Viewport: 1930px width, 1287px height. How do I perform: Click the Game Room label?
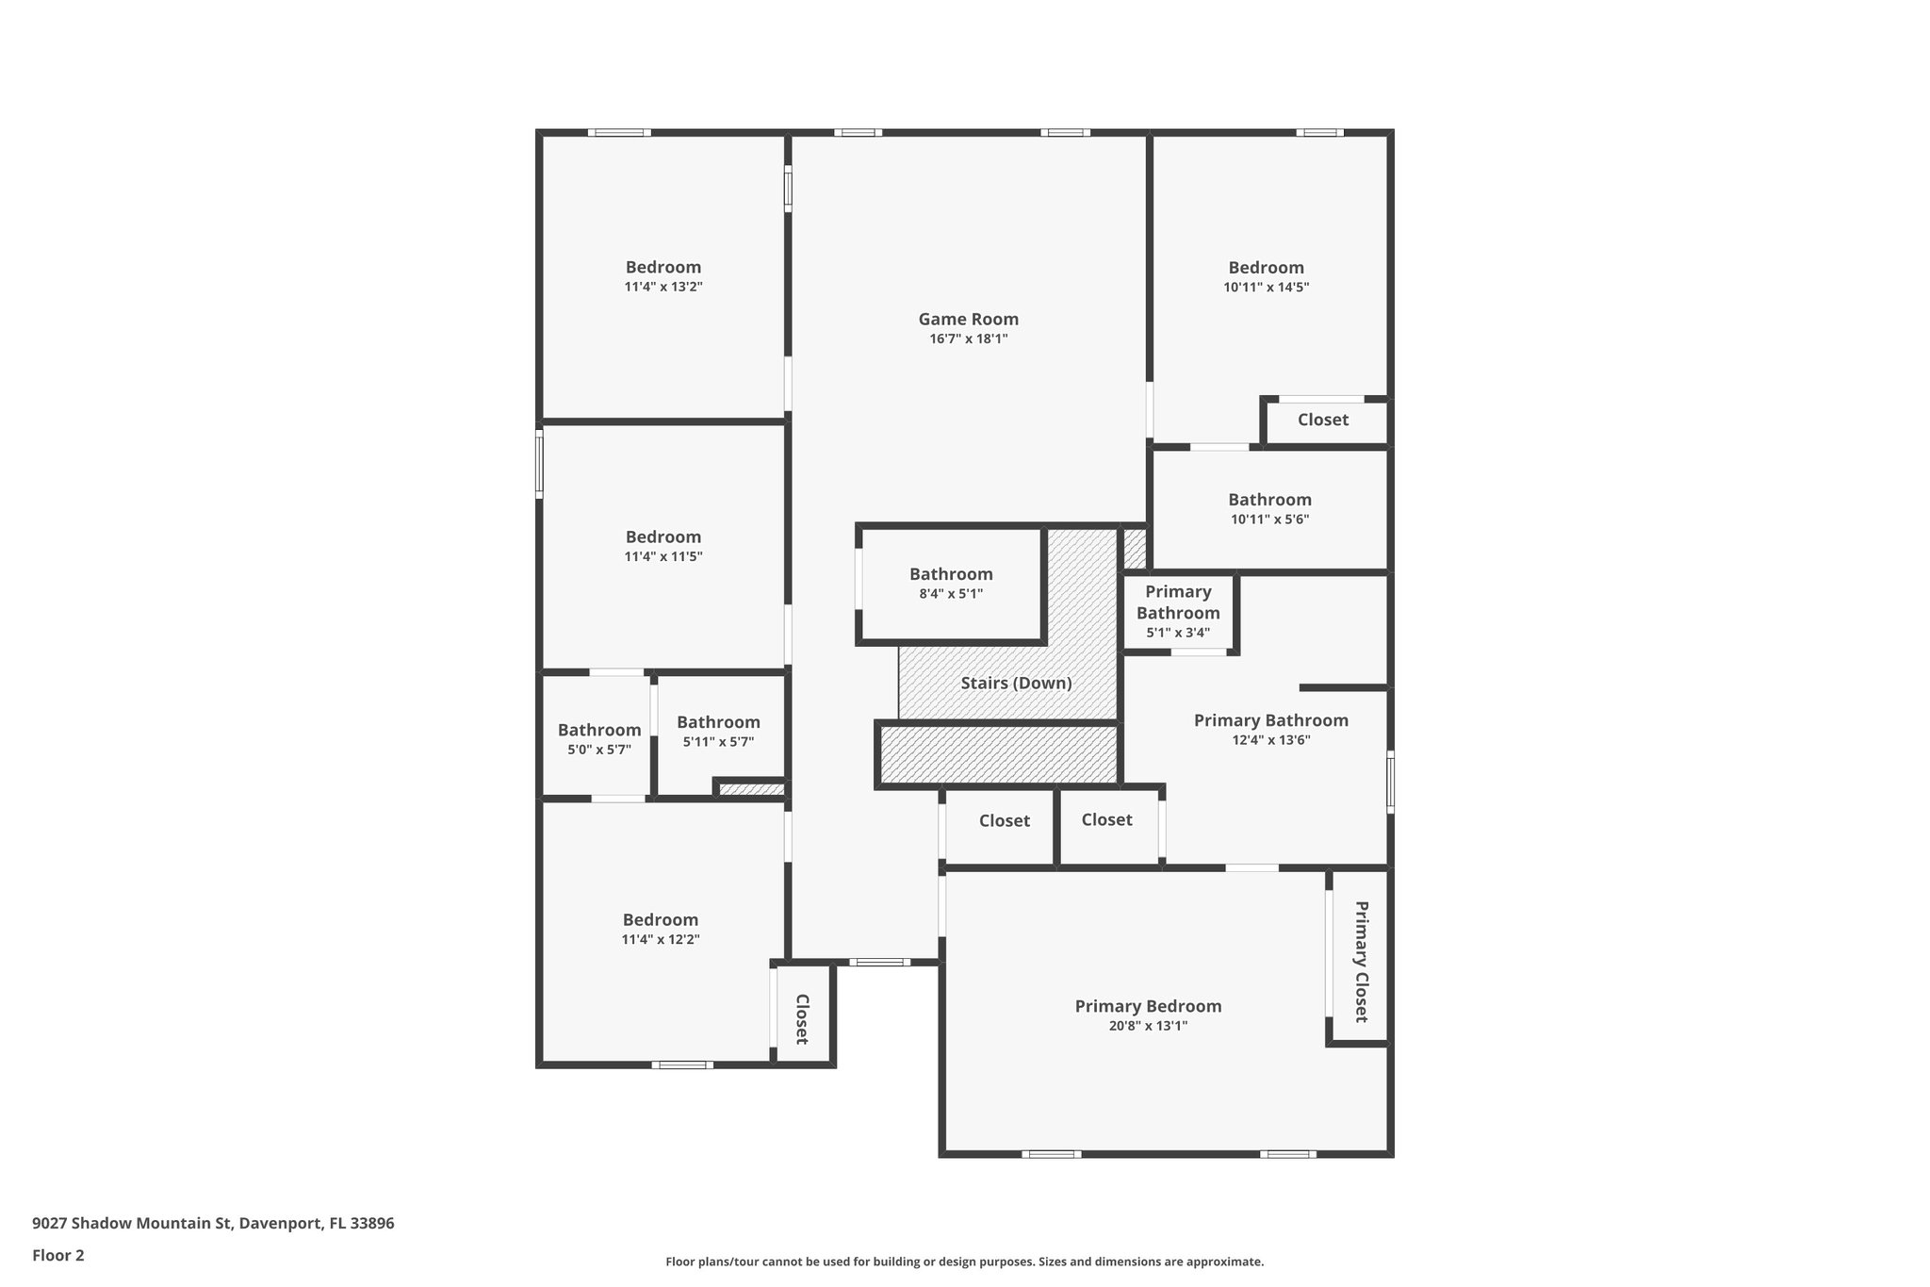[968, 320]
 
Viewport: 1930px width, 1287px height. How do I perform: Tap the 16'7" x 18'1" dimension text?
[968, 339]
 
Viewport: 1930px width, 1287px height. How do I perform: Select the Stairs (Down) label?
[1016, 684]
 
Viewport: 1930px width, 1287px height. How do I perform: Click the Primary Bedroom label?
[1148, 1006]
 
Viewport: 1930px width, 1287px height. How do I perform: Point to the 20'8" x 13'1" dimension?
[1148, 1026]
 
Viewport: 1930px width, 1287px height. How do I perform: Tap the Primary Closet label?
[1361, 961]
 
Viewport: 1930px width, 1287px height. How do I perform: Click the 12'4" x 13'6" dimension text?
[1270, 740]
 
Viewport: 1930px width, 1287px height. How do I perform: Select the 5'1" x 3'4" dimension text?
[1178, 633]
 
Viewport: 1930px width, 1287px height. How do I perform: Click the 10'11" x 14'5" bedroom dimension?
[1266, 288]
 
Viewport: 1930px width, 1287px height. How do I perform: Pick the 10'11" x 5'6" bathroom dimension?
[1269, 520]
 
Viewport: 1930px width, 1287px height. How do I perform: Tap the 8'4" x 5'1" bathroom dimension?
[951, 594]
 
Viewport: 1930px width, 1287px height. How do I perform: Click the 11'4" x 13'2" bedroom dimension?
[663, 287]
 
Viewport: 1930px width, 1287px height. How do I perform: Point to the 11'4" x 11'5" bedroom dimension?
[663, 556]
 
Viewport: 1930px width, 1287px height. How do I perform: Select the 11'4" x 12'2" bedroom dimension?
[660, 939]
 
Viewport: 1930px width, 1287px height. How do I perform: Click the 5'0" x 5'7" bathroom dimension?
[599, 750]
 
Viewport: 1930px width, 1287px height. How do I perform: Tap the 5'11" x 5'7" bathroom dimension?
[718, 742]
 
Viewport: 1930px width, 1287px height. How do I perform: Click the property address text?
[213, 1224]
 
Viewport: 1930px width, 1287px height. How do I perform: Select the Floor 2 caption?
[58, 1255]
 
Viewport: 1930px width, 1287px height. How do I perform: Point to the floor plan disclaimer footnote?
[964, 1262]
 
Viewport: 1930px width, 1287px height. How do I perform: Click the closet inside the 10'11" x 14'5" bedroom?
[1322, 421]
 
